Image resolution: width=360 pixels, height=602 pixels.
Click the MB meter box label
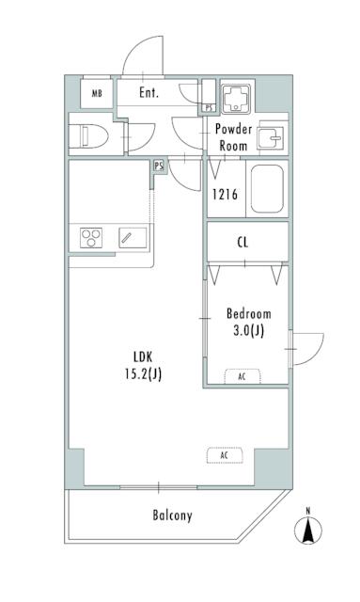(97, 93)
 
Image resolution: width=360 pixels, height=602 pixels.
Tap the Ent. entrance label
(149, 92)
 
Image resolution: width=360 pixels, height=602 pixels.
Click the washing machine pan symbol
(235, 98)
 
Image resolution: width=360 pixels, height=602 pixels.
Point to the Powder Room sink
(271, 137)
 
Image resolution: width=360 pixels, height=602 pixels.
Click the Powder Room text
(233, 137)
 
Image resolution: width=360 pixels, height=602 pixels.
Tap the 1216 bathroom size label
(226, 195)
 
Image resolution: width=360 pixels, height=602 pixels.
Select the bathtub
(267, 189)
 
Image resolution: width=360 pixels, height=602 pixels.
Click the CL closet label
(243, 243)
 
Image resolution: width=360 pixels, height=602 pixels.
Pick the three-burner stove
(91, 238)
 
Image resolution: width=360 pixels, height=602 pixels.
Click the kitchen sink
(133, 238)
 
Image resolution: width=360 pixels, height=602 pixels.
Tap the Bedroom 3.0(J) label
(249, 322)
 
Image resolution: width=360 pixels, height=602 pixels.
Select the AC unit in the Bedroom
(242, 376)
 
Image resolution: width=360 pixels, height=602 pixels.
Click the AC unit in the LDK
(225, 455)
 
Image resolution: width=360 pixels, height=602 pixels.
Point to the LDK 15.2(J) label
(143, 365)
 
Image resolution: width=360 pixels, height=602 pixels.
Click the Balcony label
(172, 515)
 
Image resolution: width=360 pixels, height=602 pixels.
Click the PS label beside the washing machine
(209, 108)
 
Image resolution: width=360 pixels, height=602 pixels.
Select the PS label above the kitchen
(159, 166)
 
